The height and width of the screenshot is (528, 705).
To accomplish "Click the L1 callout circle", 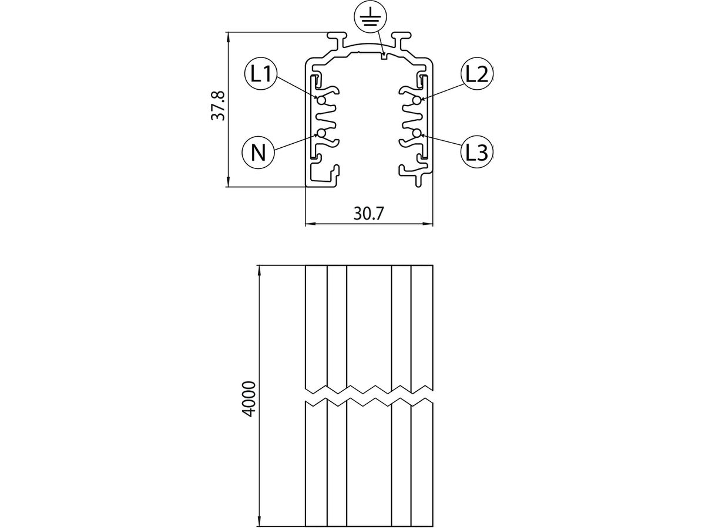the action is coord(260,75).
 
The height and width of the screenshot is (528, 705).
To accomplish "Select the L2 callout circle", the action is coord(477,75).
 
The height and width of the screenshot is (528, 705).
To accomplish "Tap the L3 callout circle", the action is coord(477,152).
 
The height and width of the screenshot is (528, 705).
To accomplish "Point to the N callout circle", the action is coord(258,153).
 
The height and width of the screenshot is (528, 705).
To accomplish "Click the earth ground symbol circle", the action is coord(370,16).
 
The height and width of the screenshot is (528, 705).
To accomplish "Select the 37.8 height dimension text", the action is coord(218,106).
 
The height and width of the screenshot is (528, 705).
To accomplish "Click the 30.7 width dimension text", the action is coord(369,213).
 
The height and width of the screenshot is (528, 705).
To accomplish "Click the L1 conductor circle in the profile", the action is coord(321,101).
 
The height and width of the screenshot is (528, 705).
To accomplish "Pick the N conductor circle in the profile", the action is coord(321,133).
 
